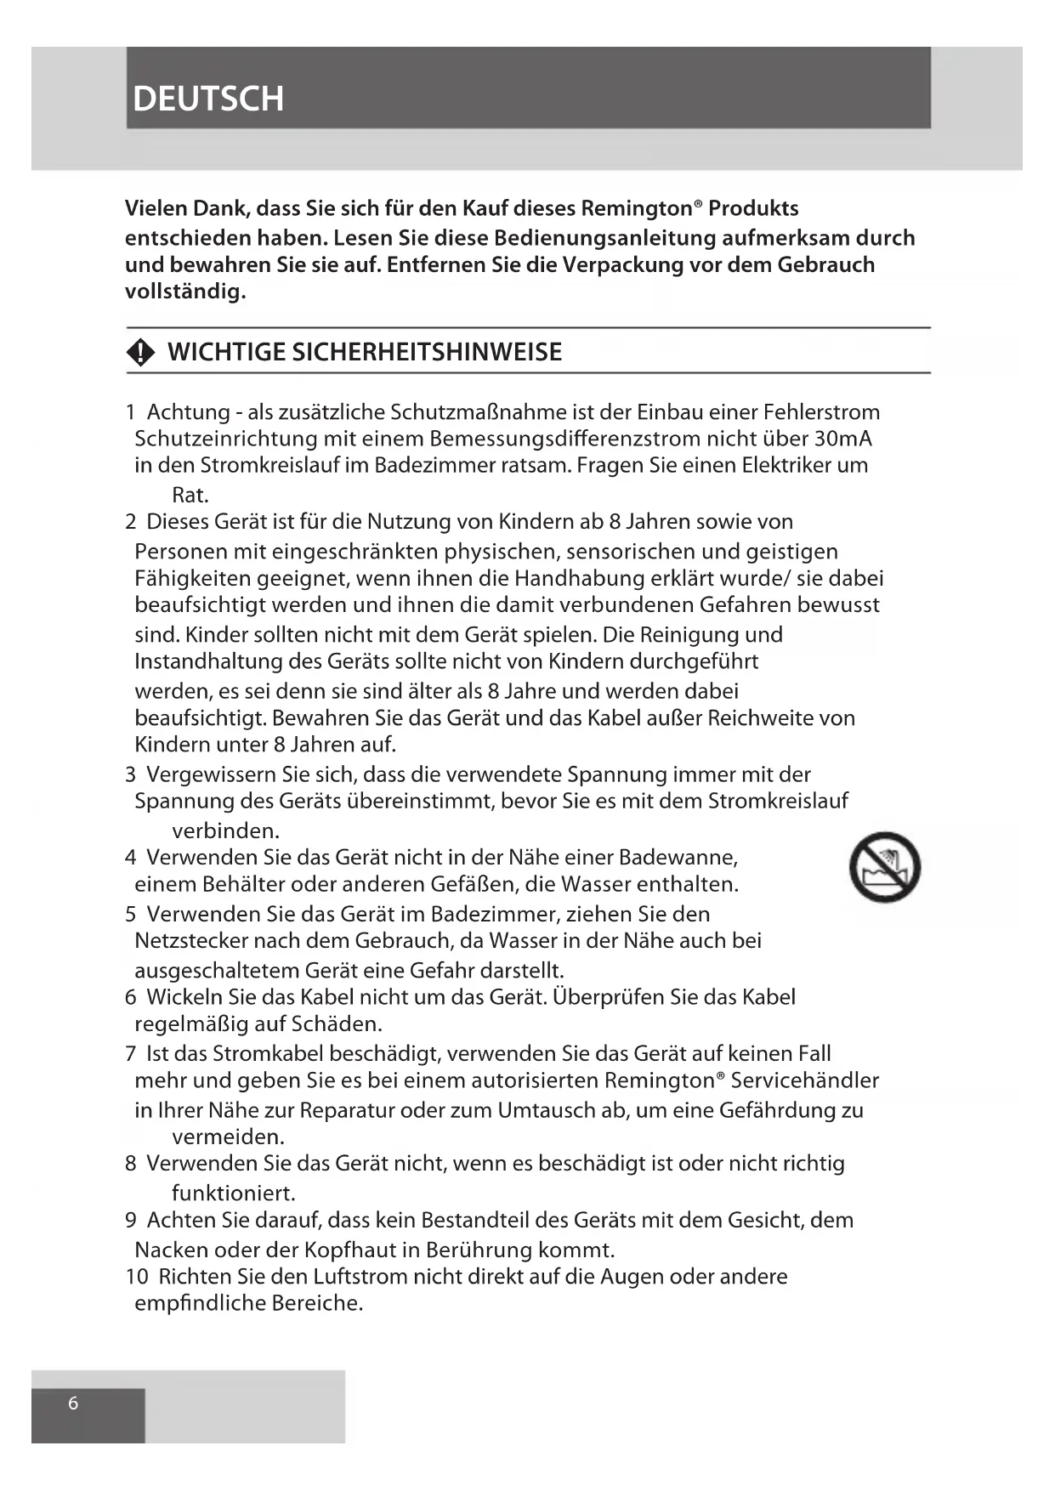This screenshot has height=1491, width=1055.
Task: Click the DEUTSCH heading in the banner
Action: click(208, 99)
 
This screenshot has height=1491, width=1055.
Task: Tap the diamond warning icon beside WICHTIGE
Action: click(140, 352)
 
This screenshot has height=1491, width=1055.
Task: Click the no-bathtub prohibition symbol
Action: click(884, 867)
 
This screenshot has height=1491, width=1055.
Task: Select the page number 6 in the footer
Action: click(73, 1403)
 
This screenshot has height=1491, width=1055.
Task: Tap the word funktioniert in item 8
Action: click(233, 1193)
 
